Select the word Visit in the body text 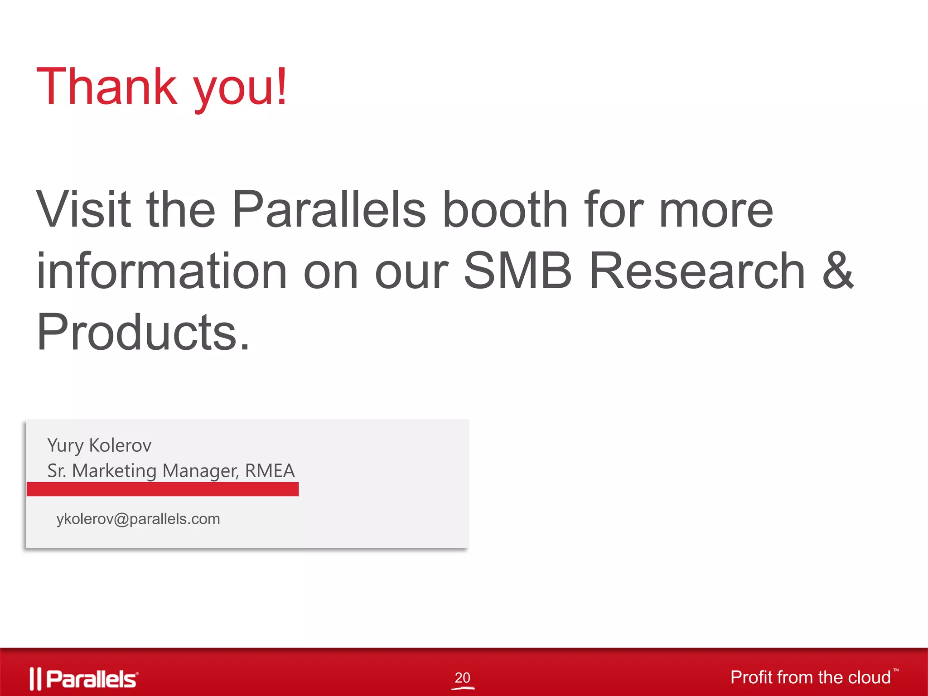[x=83, y=209]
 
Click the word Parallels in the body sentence [x=329, y=209]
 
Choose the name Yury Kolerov [x=99, y=445]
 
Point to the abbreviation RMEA [x=270, y=471]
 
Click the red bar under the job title [x=163, y=489]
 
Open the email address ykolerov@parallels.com [x=138, y=519]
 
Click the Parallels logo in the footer [x=85, y=679]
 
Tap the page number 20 [x=462, y=678]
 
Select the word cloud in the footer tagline [x=869, y=677]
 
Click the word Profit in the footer [x=751, y=677]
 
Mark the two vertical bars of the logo [x=35, y=679]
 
